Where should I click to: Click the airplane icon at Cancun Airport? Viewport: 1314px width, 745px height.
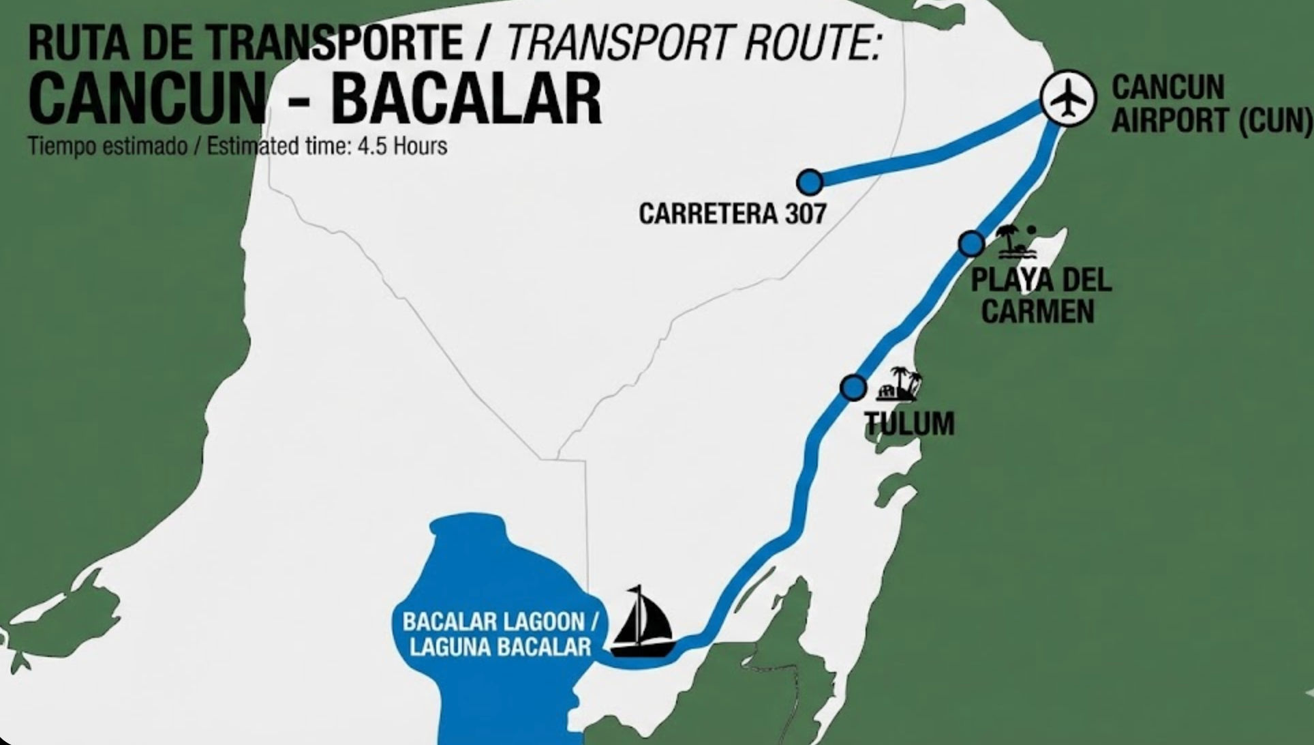(x=1068, y=99)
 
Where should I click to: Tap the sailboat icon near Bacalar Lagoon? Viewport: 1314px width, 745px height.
(x=641, y=619)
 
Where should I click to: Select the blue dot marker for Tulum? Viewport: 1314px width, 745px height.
(x=853, y=388)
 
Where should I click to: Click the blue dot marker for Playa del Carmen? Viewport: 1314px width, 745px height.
(x=971, y=243)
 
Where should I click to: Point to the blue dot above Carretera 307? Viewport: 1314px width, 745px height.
(x=810, y=182)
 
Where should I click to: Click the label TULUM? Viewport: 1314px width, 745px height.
(x=910, y=424)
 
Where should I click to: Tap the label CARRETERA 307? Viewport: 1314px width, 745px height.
(x=733, y=214)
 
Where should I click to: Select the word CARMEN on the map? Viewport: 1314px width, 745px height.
(x=1037, y=311)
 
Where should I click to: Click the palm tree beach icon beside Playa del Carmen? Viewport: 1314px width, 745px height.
(x=1015, y=243)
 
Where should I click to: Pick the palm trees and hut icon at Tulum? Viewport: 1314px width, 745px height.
(x=900, y=385)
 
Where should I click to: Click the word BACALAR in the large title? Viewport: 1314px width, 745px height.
(x=465, y=98)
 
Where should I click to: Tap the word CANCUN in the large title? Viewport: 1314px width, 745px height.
(x=147, y=98)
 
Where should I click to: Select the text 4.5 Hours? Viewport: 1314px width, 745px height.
(x=402, y=146)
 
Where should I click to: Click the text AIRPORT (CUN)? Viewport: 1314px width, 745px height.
(x=1211, y=121)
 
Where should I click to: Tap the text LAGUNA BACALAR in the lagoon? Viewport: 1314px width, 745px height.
(x=500, y=647)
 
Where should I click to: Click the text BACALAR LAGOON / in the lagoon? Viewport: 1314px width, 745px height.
(x=500, y=622)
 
